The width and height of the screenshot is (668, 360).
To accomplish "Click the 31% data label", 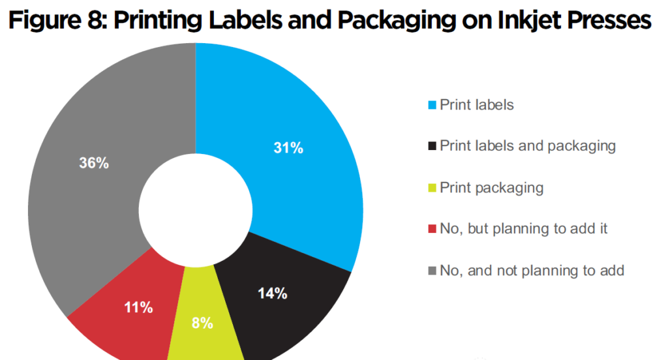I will click(x=288, y=149).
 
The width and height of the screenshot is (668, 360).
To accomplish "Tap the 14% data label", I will click(x=272, y=293).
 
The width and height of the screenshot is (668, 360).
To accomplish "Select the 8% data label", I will click(x=202, y=323).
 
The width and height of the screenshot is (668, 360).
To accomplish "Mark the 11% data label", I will click(x=138, y=307).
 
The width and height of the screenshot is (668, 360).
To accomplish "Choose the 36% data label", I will click(x=93, y=163).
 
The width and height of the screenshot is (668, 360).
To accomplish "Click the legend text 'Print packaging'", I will click(x=491, y=188).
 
